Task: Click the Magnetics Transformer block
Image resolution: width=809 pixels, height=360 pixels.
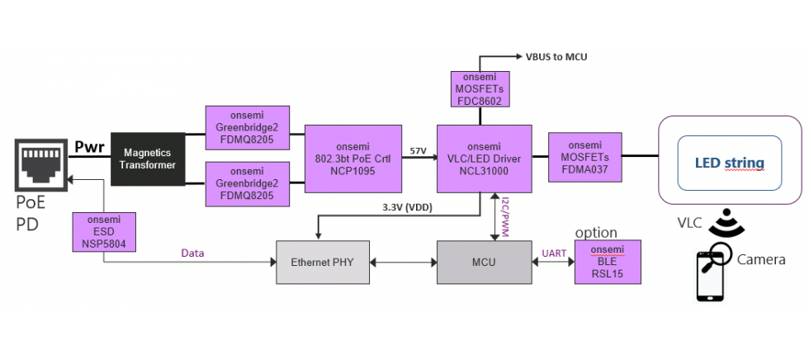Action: (146, 159)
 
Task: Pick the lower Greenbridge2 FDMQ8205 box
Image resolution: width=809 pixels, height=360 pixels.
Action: (248, 183)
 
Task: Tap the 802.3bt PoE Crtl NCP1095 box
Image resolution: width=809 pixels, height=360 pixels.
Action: (352, 158)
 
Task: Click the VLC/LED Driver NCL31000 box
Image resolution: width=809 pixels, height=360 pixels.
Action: (484, 158)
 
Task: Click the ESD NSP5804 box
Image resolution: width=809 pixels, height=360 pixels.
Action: (104, 233)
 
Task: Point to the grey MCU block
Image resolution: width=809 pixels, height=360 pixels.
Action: (484, 263)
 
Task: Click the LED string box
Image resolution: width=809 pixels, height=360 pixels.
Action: (729, 163)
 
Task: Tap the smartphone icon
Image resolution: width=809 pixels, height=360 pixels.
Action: (709, 277)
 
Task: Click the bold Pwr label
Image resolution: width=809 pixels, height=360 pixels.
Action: (90, 148)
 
